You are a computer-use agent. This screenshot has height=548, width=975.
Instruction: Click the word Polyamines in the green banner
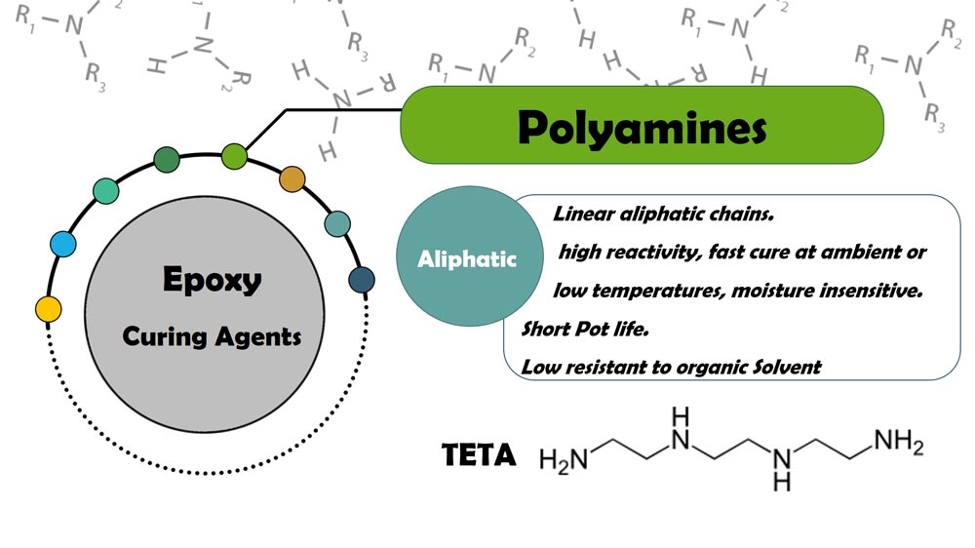pos(641,127)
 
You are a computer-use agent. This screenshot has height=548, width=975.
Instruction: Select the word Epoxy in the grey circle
pos(212,281)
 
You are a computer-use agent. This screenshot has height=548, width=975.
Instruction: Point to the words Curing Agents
pos(212,337)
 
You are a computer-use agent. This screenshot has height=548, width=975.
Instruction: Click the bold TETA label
pos(479,455)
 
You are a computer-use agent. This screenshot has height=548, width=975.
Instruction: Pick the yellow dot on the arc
pos(48,309)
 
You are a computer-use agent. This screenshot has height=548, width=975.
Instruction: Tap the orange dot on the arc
pos(292,178)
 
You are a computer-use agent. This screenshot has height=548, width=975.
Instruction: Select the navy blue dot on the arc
pos(362,280)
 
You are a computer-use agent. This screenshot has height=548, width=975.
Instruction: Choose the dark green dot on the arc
pos(167,160)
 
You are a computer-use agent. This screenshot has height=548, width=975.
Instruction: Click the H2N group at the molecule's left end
pos(564,458)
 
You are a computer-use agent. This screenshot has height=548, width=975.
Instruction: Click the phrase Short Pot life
pos(584,329)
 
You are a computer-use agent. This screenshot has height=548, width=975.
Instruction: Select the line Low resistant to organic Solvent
pos(671,367)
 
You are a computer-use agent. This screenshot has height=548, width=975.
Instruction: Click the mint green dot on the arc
pos(105,191)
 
